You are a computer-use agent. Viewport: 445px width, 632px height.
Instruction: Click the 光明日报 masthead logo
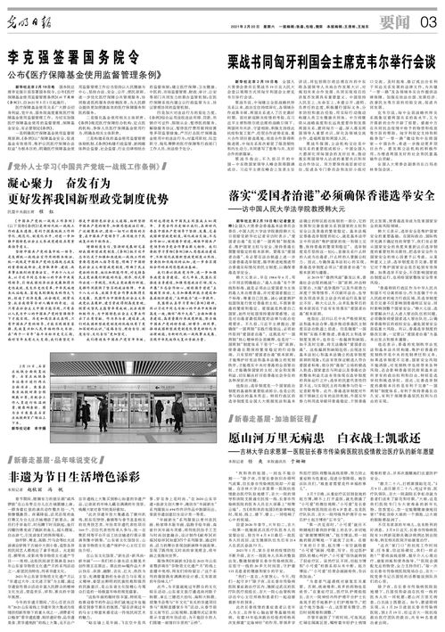pos(35,15)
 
